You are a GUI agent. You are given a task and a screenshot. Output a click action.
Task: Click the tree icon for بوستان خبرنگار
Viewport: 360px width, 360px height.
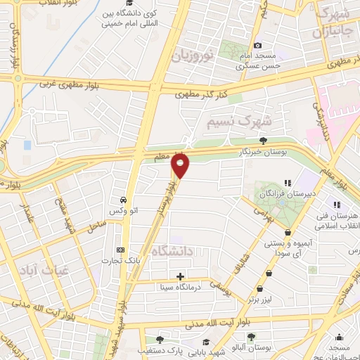tap(263, 141)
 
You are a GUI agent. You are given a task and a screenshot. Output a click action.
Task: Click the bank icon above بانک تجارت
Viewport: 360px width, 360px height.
tap(120, 250)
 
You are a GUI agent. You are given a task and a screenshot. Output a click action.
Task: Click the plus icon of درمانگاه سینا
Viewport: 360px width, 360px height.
tap(181, 276)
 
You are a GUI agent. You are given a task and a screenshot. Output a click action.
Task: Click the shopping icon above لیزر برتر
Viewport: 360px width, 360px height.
tap(261, 288)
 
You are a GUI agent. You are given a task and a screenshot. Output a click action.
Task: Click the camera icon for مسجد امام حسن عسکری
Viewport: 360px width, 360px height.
tap(257, 46)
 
